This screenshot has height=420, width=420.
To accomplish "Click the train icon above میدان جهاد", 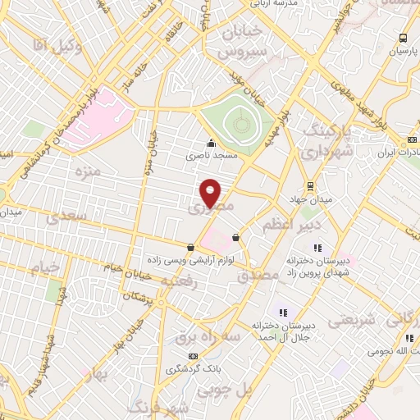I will pyautogui.click(x=310, y=185).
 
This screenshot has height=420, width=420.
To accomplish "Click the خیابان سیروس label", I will pyautogui.click(x=240, y=43).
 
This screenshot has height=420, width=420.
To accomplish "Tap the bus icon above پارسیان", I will pyautogui.click(x=402, y=38).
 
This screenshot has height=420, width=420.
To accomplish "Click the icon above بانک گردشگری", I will pyautogui.click(x=193, y=355).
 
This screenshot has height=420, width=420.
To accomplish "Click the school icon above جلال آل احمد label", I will pyautogui.click(x=283, y=313).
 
